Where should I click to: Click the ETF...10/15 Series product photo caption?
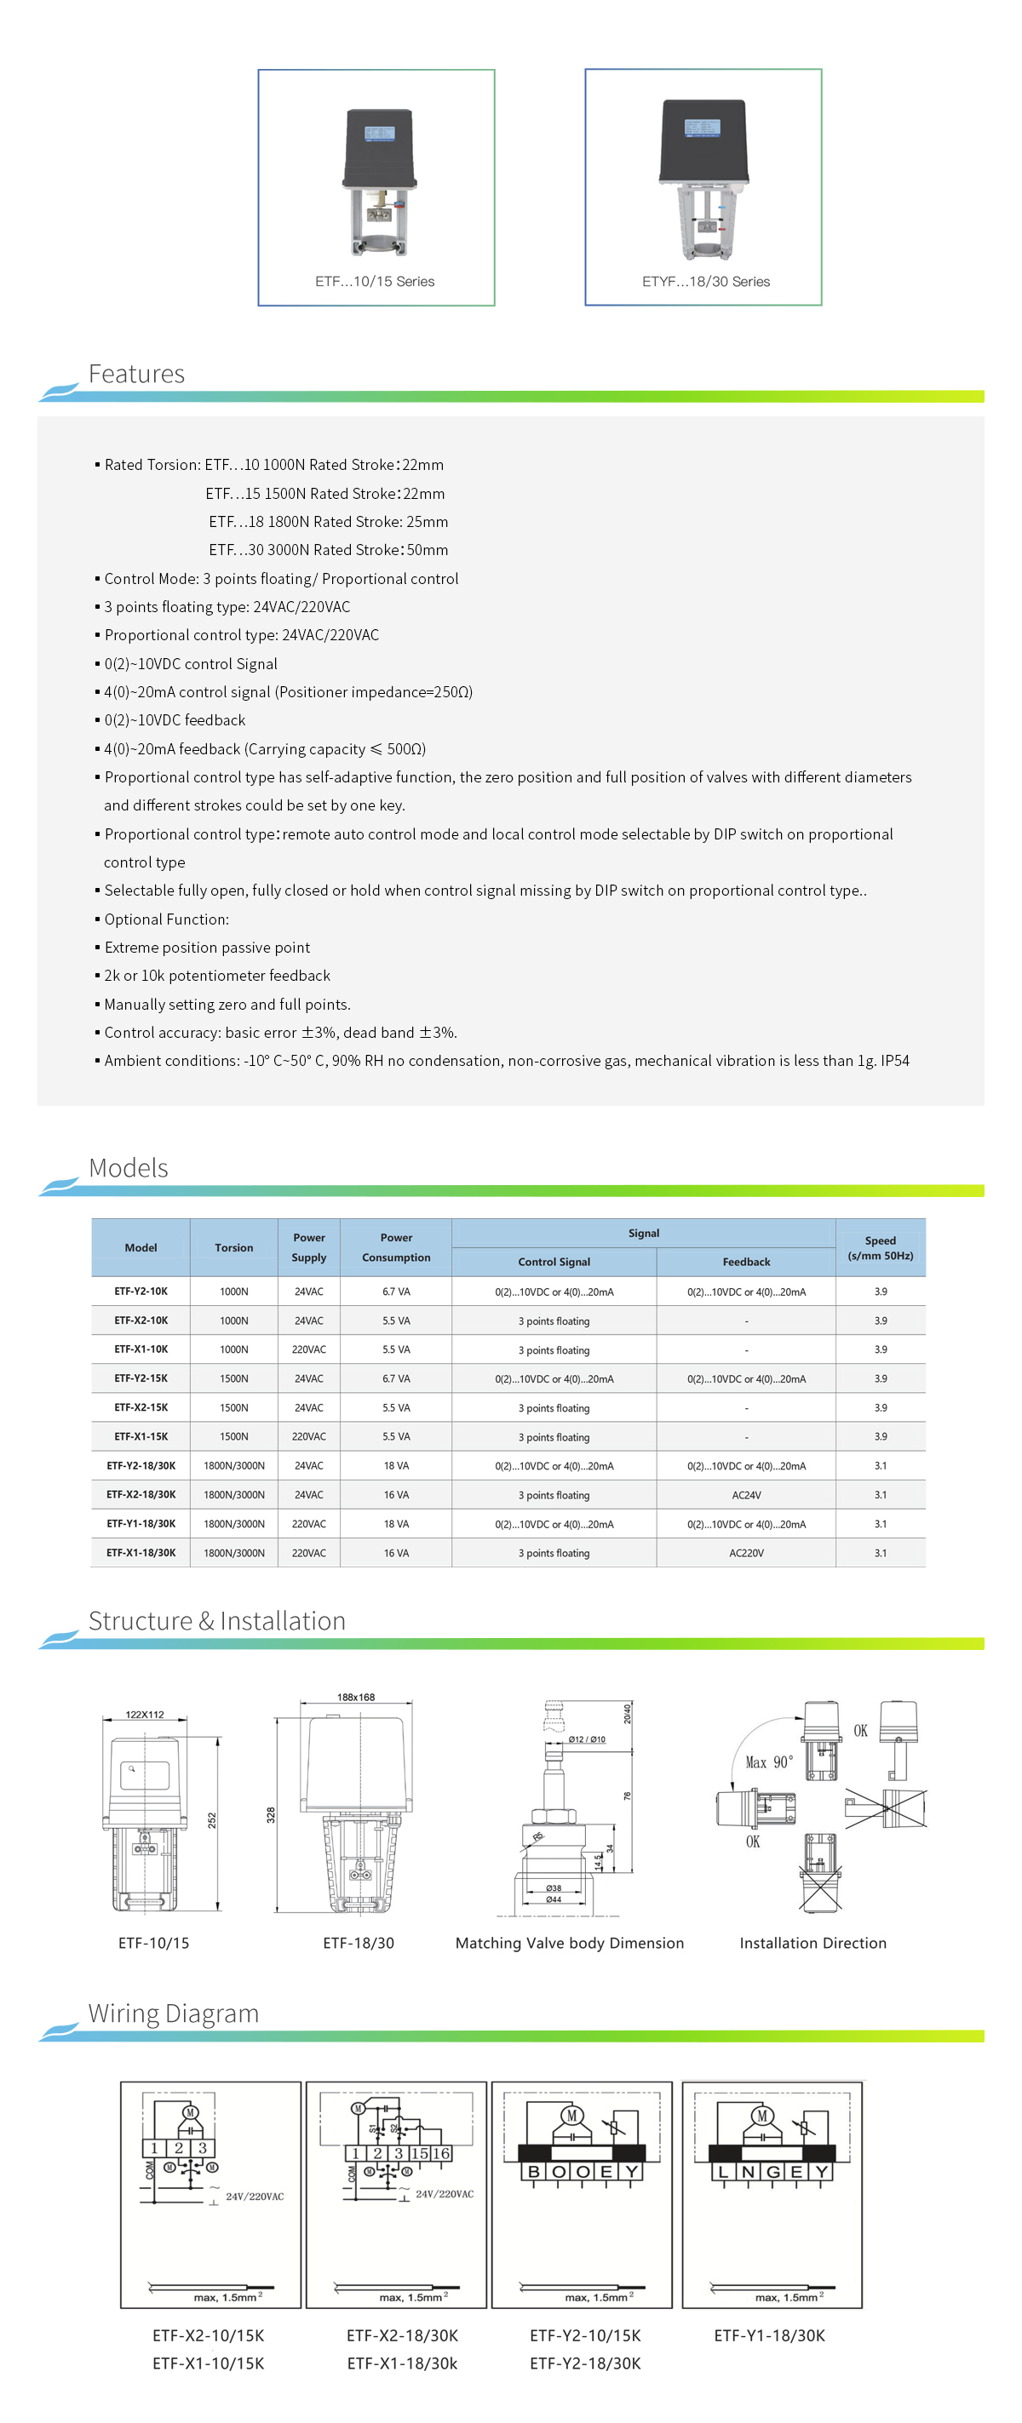click(375, 281)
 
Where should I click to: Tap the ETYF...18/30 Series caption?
click(706, 281)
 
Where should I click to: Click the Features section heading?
click(136, 375)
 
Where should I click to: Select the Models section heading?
click(128, 1168)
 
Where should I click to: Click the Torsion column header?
click(233, 1247)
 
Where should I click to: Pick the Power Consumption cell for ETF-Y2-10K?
click(396, 1292)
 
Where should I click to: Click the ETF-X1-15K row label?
click(141, 1436)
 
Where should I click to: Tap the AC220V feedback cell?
click(746, 1553)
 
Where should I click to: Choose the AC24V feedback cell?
click(746, 1495)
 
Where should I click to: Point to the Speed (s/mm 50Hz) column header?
click(880, 1247)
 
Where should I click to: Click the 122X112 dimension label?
click(145, 1715)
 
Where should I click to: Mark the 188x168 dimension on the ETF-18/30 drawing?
click(356, 1697)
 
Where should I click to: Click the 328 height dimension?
click(271, 1814)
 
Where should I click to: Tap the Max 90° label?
click(769, 1761)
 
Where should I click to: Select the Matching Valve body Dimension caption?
click(570, 1944)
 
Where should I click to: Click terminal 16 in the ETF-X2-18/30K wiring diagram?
click(440, 2153)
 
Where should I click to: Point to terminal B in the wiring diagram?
click(534, 2172)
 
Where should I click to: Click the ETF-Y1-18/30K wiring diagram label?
click(769, 2335)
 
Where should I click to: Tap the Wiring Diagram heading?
click(173, 2013)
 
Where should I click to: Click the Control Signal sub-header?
click(554, 1263)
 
